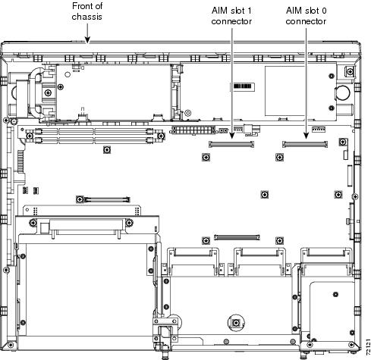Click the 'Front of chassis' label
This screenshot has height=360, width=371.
(87, 11)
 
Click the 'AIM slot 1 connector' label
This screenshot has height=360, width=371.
(231, 16)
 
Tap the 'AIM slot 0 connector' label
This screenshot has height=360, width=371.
(306, 16)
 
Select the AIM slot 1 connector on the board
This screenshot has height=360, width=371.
(231, 144)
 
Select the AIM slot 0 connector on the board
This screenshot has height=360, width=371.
(305, 144)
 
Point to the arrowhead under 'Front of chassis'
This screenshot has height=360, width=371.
(87, 40)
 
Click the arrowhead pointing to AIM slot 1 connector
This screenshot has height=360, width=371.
(231, 136)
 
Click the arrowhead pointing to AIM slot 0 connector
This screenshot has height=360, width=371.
(306, 136)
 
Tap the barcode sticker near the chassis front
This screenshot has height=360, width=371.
(242, 86)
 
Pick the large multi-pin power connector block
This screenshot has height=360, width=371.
(193, 130)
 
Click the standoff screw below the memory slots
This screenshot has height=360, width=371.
(107, 150)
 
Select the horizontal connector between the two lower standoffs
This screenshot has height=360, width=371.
(237, 237)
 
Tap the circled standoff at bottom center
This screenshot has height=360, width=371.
(236, 323)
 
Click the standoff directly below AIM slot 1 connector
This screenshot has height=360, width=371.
(206, 157)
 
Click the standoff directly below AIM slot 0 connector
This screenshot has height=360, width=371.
(279, 157)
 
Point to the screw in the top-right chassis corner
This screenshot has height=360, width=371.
(350, 71)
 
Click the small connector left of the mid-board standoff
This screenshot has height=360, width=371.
(107, 199)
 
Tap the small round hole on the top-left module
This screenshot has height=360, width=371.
(68, 74)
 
